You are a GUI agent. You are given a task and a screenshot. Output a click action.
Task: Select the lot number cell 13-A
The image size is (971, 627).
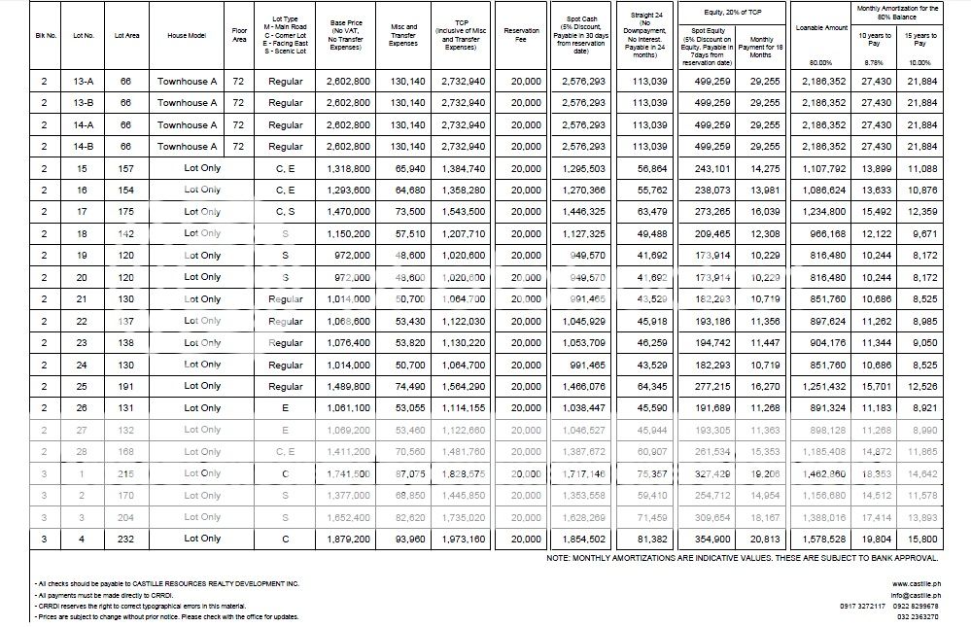coord(84,81)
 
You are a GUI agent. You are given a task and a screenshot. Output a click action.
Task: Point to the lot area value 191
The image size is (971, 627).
coord(123,387)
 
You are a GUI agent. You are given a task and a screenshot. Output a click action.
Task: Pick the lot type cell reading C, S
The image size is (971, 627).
coord(285,212)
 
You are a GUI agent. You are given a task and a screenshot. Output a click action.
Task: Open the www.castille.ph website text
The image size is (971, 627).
coord(915,583)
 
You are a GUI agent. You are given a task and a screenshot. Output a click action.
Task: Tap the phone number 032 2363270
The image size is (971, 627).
coord(918,617)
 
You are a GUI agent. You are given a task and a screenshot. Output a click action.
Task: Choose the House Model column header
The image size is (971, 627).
coord(190,35)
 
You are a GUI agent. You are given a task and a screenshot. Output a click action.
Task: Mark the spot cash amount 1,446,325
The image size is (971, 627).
coord(583,212)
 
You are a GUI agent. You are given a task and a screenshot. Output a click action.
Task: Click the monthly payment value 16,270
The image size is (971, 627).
coord(760,387)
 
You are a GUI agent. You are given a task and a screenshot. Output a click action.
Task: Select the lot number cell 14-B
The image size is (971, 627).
coord(84,147)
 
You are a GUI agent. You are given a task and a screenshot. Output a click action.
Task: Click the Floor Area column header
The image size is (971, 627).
coord(239,34)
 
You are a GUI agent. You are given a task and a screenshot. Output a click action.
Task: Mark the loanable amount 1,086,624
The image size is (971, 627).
coord(823,191)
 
